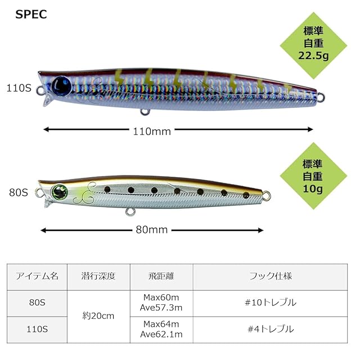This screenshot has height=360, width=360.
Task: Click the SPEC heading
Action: point(31,14)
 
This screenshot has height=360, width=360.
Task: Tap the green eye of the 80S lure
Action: point(58,193)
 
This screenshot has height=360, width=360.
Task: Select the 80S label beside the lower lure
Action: point(19,192)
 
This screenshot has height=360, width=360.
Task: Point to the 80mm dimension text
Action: point(152,230)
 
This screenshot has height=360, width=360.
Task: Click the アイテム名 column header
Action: point(38,276)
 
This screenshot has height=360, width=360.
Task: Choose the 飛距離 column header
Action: point(161,276)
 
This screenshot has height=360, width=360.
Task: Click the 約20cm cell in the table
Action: point(98,316)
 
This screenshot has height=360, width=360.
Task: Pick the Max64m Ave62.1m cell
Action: point(161,329)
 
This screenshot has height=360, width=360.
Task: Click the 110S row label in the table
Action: point(38,329)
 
